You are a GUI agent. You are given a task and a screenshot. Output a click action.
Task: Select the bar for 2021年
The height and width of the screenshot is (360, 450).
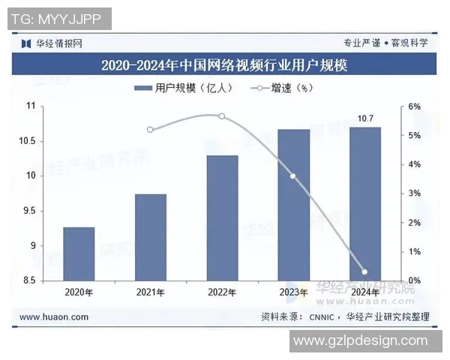[150, 237]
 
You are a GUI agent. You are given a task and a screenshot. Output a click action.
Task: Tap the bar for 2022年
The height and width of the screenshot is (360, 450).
[222, 217]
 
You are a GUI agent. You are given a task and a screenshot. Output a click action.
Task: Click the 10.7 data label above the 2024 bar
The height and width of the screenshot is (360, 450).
[365, 118]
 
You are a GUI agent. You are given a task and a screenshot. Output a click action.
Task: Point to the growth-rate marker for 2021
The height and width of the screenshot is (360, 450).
[150, 130]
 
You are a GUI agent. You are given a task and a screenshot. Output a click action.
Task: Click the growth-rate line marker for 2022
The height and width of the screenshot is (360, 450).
[221, 116]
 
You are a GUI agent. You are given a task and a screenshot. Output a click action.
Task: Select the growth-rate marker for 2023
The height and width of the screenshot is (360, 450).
[293, 176]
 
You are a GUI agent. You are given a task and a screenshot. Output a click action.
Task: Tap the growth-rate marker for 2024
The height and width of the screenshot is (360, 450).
[364, 271]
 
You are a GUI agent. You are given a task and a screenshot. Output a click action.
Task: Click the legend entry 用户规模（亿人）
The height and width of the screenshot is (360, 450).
[184, 88]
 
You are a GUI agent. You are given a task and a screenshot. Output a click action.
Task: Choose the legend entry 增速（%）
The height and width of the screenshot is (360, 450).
[285, 88]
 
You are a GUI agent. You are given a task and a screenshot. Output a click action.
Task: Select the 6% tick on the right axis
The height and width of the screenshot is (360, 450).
[415, 106]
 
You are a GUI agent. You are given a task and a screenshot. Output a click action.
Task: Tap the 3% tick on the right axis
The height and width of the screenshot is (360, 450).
[415, 193]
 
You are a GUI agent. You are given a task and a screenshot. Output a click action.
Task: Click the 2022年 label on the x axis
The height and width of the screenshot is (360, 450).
[222, 292]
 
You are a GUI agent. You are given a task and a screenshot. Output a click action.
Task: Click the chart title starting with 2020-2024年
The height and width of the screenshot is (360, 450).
[224, 65]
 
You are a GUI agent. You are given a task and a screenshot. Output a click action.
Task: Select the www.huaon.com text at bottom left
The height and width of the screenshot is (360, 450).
[54, 317]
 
